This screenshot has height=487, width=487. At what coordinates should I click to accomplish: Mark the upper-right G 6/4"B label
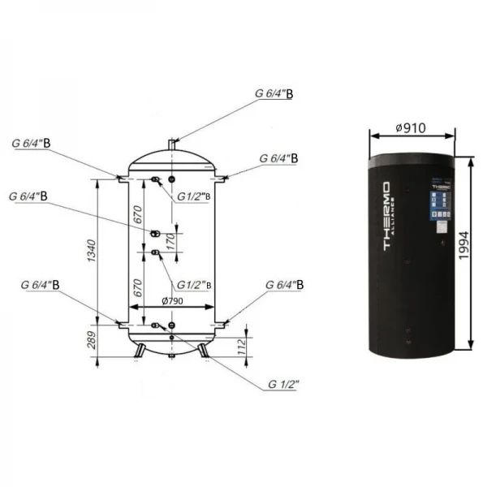[278, 158]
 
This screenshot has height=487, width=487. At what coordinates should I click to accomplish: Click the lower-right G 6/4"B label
[285, 286]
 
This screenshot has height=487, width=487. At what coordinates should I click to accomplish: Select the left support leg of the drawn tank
[141, 349]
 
